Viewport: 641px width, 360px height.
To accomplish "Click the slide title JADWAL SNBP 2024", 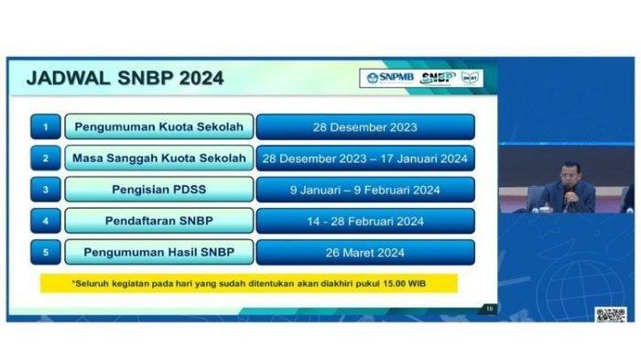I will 125,78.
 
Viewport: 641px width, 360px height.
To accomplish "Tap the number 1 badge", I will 45,126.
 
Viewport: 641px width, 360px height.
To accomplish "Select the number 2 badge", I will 45,158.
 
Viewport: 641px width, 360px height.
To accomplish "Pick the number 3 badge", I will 45,190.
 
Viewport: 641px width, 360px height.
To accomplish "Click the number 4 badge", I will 45,221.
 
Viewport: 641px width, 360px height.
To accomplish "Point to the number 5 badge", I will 45,252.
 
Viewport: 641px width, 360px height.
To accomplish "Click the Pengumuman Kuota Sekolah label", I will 158,126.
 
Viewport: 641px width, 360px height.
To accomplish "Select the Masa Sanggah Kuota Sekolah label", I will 158,158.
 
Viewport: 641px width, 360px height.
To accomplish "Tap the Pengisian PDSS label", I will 158,190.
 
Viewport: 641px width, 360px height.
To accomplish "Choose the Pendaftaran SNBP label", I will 158,221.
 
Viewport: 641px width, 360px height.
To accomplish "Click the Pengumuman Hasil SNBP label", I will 158,252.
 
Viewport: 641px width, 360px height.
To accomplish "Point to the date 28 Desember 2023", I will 365,126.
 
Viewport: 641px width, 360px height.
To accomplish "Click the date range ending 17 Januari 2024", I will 365,158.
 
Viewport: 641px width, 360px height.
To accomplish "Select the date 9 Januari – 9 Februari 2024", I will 365,190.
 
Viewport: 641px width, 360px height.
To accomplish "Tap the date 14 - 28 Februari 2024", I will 365,221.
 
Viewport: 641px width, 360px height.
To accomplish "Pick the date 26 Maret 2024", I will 365,252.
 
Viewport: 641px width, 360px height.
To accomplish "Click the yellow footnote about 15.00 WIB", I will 249,283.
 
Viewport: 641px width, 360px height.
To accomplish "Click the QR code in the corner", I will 610,314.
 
